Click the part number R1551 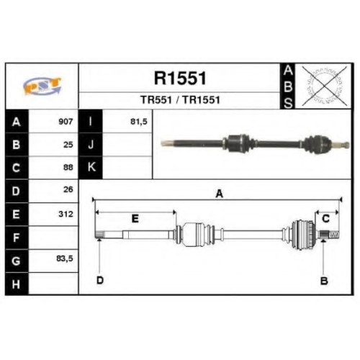tap(180, 78)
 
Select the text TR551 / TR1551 tap(180, 100)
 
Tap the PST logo tap(42, 86)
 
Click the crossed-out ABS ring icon tap(325, 86)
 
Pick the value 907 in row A tap(66, 122)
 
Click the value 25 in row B tap(68, 145)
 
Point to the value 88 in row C tap(68, 167)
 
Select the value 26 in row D tap(68, 189)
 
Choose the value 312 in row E tap(66, 214)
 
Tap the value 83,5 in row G tap(65, 258)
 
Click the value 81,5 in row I tap(138, 122)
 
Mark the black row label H tap(17, 284)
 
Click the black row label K tap(91, 167)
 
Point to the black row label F tap(17, 238)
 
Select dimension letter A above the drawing tap(220, 194)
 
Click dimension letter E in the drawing tap(135, 219)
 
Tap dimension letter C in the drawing tap(325, 219)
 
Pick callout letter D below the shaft tap(100, 280)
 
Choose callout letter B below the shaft tap(324, 281)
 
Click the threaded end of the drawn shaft tap(334, 234)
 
